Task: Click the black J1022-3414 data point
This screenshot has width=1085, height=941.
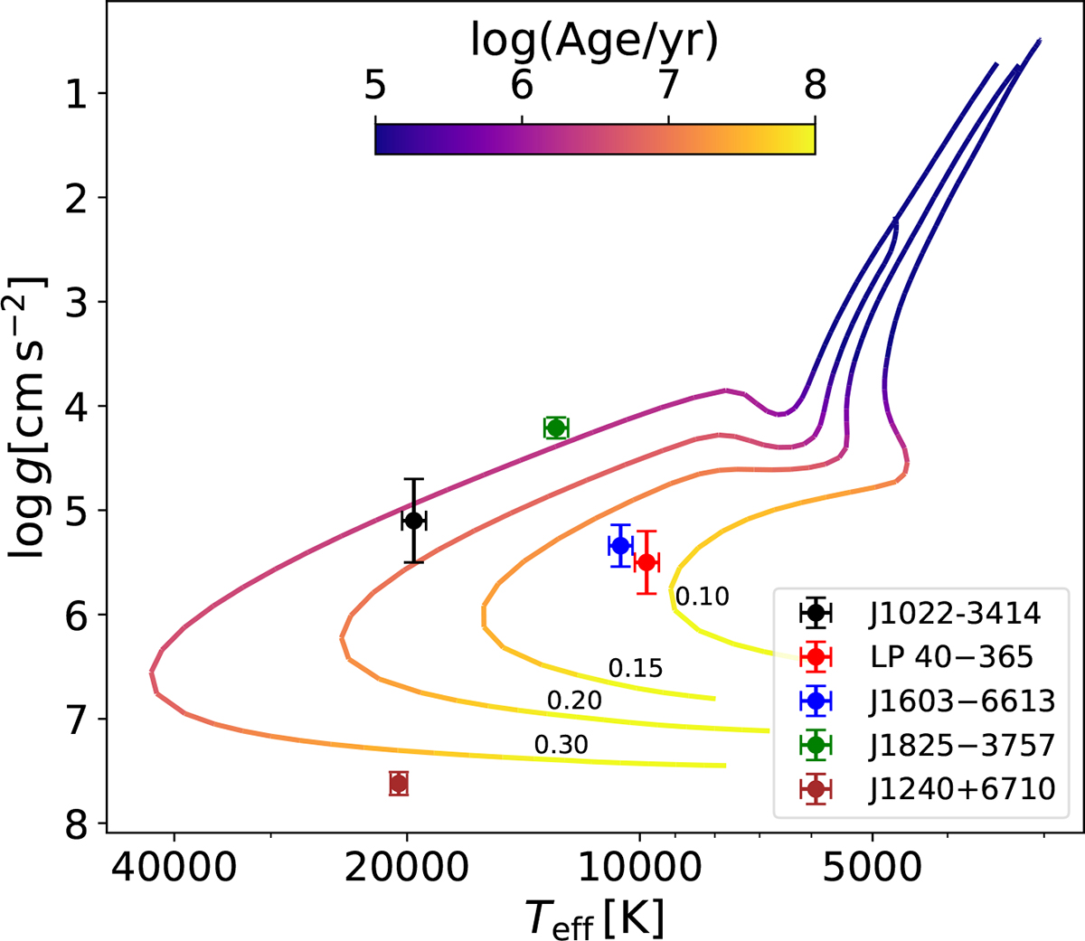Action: pos(413,521)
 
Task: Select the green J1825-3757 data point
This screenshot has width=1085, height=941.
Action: pos(556,428)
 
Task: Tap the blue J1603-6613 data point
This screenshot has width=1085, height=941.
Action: pos(620,545)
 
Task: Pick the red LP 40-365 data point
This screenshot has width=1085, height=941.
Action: pos(646,562)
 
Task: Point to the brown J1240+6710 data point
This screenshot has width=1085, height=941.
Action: pos(399,784)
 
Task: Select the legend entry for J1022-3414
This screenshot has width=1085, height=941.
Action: pos(955,613)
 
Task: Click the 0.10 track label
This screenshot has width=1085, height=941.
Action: pos(703,596)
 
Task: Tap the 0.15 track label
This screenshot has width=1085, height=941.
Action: pos(635,668)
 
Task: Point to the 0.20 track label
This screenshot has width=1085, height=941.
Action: pos(574,701)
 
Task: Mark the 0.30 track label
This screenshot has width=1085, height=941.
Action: pos(561,745)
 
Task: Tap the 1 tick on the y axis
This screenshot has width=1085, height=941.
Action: pos(76,93)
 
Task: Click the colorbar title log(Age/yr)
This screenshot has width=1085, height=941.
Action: pos(594,41)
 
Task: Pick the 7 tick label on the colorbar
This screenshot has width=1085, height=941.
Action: pos(668,86)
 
